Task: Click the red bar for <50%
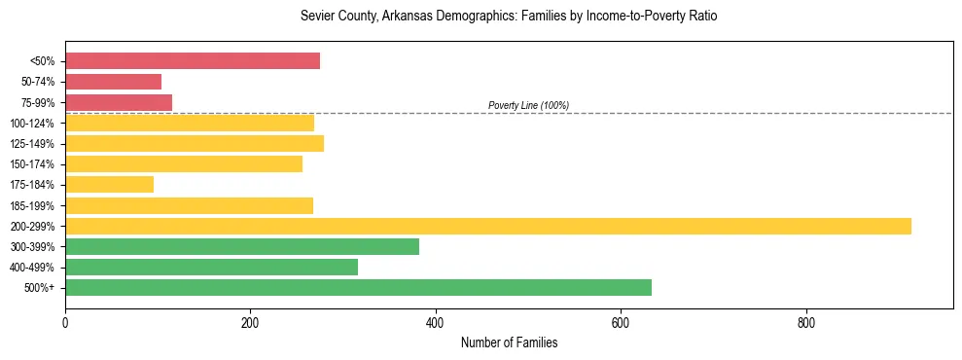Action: click(x=193, y=61)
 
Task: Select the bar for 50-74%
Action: click(x=113, y=82)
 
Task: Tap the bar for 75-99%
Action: click(x=119, y=102)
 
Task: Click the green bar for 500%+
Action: click(x=358, y=287)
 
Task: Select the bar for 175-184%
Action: click(x=109, y=185)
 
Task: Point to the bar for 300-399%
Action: click(x=242, y=246)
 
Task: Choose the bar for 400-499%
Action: click(x=211, y=267)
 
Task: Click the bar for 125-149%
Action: click(x=195, y=144)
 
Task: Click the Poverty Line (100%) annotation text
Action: click(x=528, y=105)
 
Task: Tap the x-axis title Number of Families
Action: click(x=509, y=343)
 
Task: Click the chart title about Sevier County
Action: click(x=509, y=17)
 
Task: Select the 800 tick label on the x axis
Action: click(x=805, y=322)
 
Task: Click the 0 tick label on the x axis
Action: click(x=65, y=322)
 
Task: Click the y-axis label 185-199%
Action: click(x=33, y=205)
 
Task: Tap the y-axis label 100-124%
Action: click(x=33, y=124)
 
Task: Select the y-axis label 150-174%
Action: click(x=33, y=164)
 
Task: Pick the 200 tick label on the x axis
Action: click(x=250, y=322)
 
